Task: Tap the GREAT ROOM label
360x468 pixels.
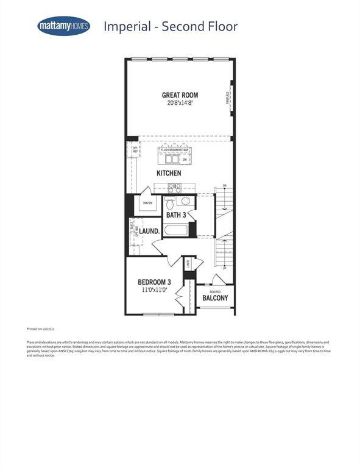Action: pyautogui.click(x=180, y=95)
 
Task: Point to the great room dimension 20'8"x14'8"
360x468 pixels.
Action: pyautogui.click(x=180, y=103)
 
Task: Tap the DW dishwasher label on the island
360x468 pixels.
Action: pyautogui.click(x=184, y=160)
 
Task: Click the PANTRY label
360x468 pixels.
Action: pyautogui.click(x=147, y=203)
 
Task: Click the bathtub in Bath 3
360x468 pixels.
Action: pyautogui.click(x=176, y=232)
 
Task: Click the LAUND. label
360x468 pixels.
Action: pyautogui.click(x=149, y=232)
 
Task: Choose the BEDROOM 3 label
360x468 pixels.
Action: pyautogui.click(x=154, y=282)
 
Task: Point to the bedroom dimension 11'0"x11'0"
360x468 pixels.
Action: pyautogui.click(x=154, y=290)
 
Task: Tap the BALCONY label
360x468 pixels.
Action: pyautogui.click(x=216, y=298)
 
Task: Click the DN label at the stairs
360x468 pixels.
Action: pyautogui.click(x=224, y=185)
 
